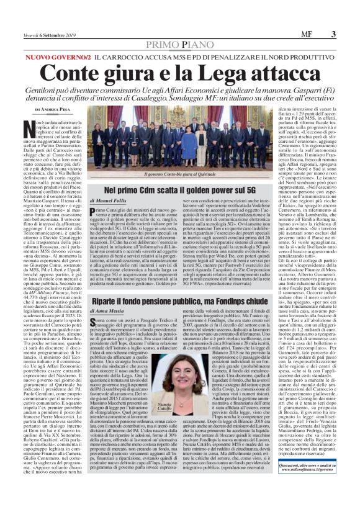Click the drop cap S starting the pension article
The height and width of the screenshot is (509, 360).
click(93, 318)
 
